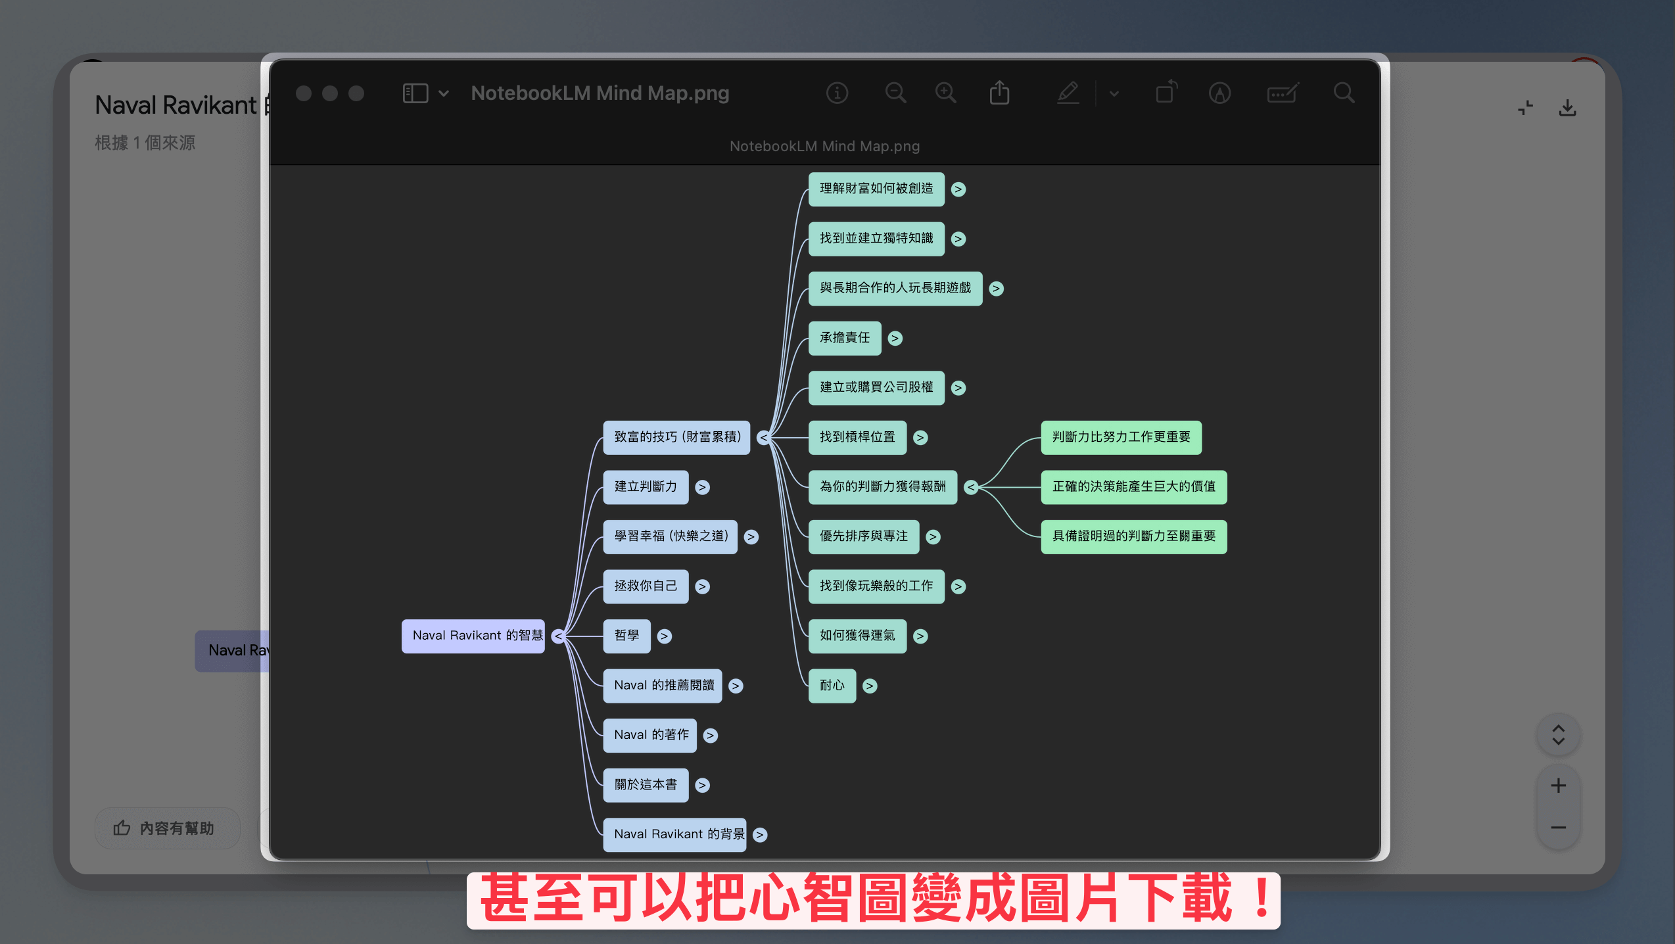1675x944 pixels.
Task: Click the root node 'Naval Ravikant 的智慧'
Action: (473, 636)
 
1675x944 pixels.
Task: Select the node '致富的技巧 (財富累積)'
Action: (676, 437)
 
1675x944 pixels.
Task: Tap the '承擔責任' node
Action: (845, 338)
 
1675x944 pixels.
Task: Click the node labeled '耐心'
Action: (832, 686)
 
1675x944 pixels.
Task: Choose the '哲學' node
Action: (627, 636)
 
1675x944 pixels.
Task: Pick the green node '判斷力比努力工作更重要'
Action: (1121, 437)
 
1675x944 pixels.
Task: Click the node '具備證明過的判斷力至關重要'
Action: (1134, 536)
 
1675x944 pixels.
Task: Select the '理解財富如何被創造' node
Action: (876, 189)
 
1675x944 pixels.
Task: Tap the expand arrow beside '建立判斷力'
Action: (703, 487)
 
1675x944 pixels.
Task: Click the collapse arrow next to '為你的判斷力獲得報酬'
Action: (971, 487)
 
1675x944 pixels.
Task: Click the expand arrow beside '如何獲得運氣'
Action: (921, 636)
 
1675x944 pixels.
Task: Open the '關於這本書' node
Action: (646, 785)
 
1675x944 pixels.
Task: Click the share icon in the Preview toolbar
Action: (999, 93)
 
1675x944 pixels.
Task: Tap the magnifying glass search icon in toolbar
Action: (1344, 93)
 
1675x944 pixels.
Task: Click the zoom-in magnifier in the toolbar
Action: (946, 93)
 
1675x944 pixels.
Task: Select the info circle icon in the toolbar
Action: (837, 93)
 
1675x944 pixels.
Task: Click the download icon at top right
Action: (1568, 108)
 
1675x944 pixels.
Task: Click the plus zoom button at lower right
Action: (1558, 786)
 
